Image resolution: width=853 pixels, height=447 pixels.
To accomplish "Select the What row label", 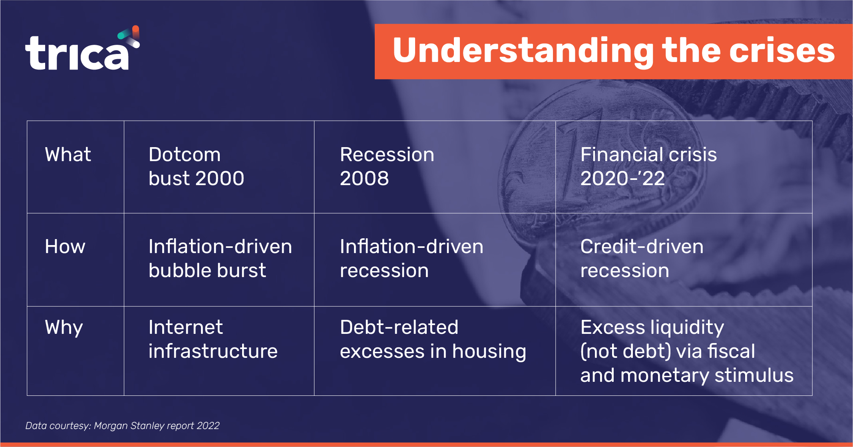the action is click(68, 155).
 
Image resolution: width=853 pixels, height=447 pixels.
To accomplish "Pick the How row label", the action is click(65, 247).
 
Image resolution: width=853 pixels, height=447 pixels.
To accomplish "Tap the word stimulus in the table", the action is click(754, 375).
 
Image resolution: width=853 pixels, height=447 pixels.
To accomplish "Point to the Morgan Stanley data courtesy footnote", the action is click(122, 426).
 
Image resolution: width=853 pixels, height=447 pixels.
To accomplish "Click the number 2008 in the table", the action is click(364, 178).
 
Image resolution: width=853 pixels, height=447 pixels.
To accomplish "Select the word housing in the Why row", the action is click(489, 352).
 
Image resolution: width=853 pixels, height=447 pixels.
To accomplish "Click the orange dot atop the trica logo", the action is click(136, 29).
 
